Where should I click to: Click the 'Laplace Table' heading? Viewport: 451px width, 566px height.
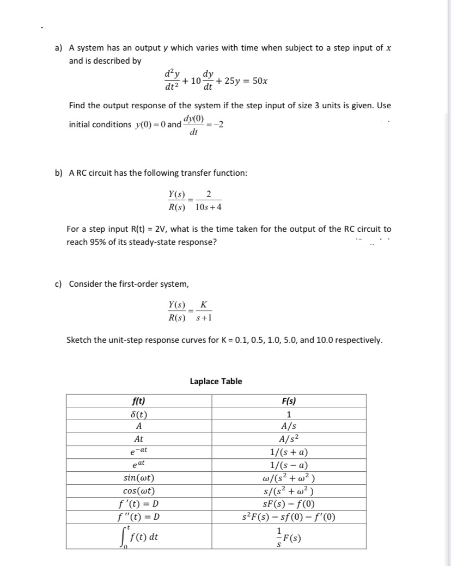(x=216, y=381)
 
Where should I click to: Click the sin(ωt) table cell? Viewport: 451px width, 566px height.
(x=139, y=478)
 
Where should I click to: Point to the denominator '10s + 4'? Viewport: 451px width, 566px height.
(x=208, y=207)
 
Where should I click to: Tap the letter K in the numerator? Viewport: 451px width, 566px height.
(x=204, y=304)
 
